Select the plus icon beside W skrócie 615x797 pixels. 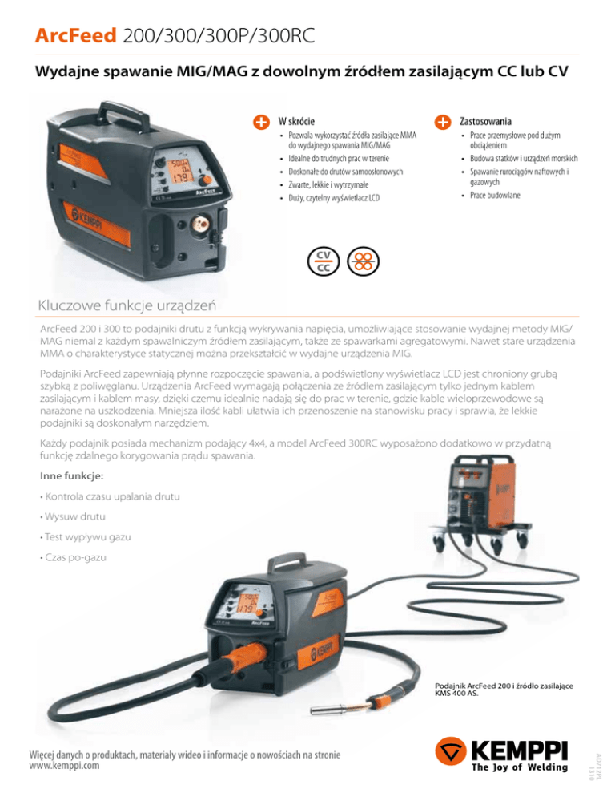click(260, 122)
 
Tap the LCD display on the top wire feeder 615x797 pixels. click(179, 171)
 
